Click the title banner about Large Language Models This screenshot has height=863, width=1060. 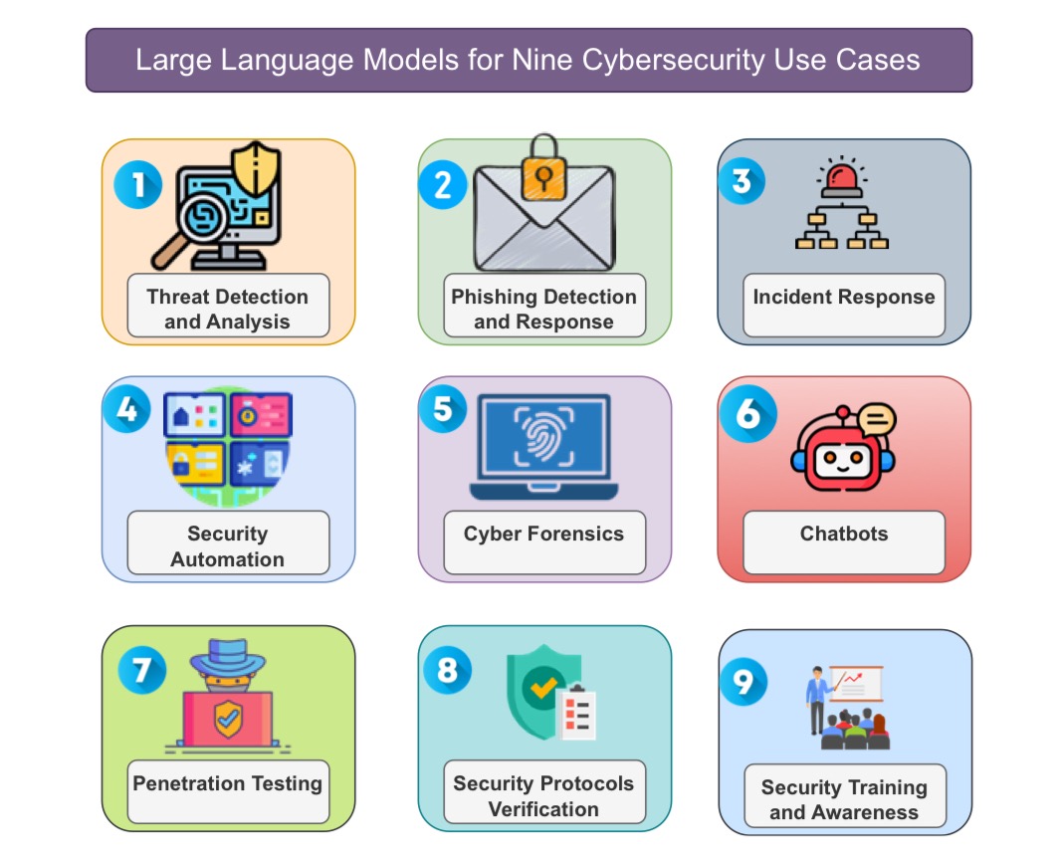529,60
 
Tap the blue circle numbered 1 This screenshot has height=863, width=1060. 137,184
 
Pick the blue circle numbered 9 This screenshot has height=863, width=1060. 742,682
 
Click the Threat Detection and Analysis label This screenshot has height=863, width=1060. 228,309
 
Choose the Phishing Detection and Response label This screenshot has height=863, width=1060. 543,309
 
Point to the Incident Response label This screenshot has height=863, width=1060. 844,298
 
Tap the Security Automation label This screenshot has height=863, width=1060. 228,546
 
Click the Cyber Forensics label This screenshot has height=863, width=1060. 543,535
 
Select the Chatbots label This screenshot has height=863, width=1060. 844,535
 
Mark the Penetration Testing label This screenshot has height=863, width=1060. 228,783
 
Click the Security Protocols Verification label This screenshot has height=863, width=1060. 543,795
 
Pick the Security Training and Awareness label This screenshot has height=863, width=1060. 844,799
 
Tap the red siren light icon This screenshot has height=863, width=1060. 842,178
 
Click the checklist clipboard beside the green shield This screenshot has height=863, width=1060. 576,712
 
